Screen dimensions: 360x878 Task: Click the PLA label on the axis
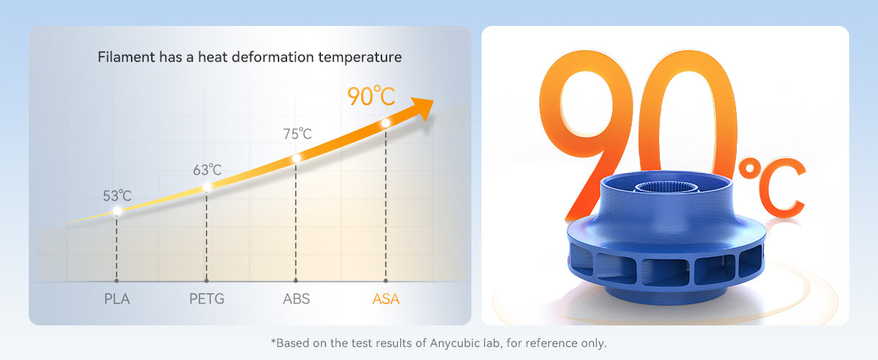[117, 299]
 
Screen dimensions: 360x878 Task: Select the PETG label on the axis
[206, 299]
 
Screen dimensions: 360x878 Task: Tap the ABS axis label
[296, 299]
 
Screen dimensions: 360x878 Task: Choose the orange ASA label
[386, 299]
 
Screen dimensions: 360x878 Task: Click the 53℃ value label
[117, 196]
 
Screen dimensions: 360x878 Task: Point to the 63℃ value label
[207, 171]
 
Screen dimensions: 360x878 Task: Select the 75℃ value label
[297, 134]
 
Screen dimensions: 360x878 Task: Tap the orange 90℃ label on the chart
[371, 96]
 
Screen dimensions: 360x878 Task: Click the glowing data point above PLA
[117, 211]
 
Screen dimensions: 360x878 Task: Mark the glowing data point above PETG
[207, 187]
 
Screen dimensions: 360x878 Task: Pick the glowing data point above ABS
[296, 158]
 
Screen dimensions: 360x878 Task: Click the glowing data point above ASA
[386, 123]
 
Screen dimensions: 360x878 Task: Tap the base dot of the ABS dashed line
[296, 281]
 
